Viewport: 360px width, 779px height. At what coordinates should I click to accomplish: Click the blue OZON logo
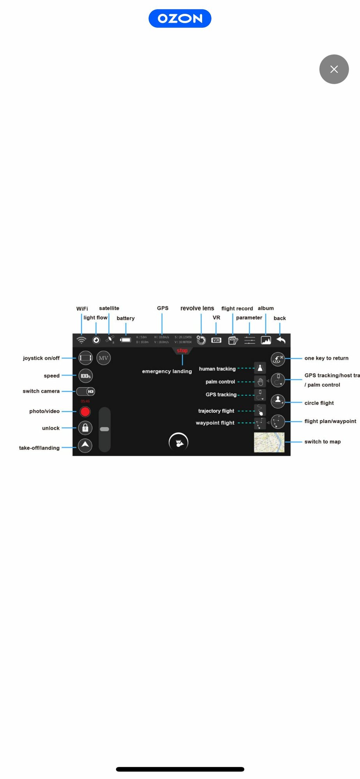(x=180, y=18)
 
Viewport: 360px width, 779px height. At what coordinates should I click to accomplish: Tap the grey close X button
(x=334, y=69)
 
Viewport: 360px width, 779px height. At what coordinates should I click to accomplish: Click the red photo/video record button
(x=85, y=411)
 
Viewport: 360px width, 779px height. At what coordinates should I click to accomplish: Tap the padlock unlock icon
(x=85, y=428)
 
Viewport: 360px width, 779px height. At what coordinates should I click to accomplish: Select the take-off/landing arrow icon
(x=85, y=445)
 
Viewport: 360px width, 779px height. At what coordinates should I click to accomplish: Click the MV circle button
(x=103, y=358)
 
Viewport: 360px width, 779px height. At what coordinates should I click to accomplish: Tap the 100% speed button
(x=85, y=376)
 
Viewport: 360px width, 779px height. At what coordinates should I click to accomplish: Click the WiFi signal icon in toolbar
(x=81, y=340)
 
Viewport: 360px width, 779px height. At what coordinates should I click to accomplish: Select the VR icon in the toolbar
(x=216, y=340)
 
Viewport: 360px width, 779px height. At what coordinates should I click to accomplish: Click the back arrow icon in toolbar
(x=281, y=340)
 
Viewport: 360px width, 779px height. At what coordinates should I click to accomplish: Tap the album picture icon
(x=266, y=340)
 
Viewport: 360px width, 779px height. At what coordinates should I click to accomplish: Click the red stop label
(x=182, y=351)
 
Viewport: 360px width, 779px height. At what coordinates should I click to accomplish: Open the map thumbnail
(x=269, y=442)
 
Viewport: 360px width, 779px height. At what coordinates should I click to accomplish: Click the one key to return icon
(x=278, y=359)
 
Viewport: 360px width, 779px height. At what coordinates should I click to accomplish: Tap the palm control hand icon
(x=260, y=382)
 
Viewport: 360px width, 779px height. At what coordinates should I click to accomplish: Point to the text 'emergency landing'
(x=167, y=371)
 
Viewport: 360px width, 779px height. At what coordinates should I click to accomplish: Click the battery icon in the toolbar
(x=125, y=340)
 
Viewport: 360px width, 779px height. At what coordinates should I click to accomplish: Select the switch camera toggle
(x=86, y=391)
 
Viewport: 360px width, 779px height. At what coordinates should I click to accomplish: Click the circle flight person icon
(x=278, y=401)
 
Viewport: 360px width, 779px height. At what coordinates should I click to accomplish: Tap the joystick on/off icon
(x=85, y=358)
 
